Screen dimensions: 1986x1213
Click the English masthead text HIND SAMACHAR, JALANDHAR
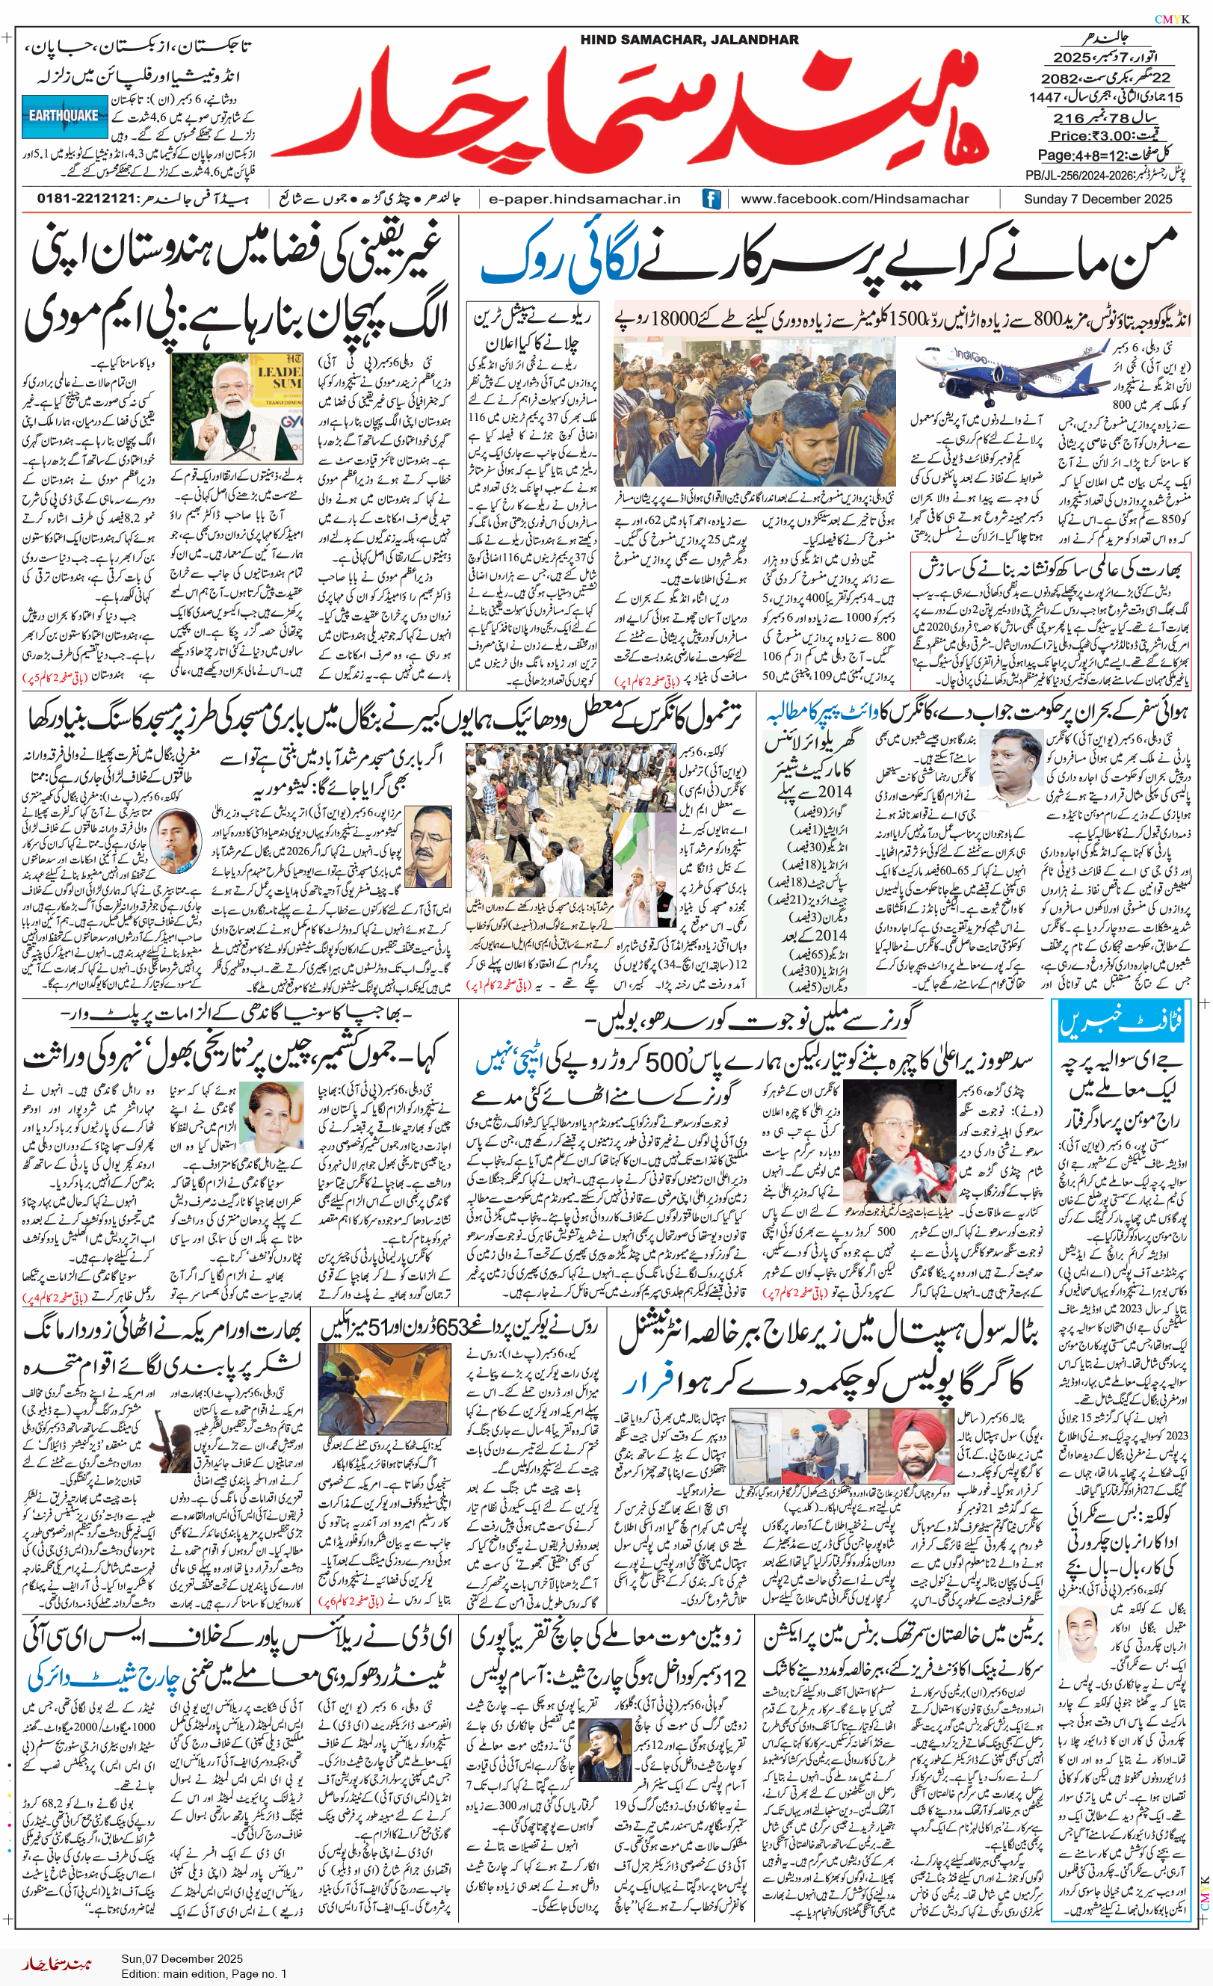(x=689, y=40)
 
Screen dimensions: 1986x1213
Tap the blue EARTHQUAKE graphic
(x=64, y=115)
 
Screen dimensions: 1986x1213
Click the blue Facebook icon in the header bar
(x=711, y=198)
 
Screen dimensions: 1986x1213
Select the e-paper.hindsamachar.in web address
(x=585, y=198)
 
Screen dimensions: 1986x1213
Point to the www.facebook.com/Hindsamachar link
(x=854, y=198)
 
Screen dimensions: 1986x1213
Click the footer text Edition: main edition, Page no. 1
(x=204, y=1974)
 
